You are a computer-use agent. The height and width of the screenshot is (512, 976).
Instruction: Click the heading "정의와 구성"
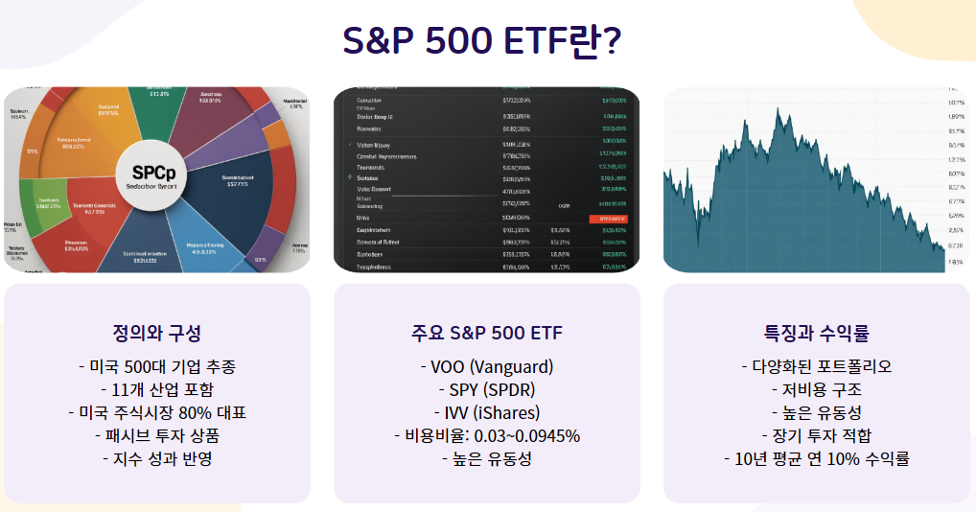coord(156,333)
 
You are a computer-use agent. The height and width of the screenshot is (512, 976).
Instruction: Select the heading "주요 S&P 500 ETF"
coord(486,333)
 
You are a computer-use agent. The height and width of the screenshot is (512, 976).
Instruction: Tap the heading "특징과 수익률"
coord(816,333)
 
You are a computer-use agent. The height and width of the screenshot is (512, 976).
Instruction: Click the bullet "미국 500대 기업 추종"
coord(156,366)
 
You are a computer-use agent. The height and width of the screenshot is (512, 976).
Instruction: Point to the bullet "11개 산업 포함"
coord(156,389)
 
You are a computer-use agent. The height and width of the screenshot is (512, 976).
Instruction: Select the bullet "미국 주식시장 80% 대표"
coord(156,412)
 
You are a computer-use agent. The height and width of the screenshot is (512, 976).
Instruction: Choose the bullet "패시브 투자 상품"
coord(156,435)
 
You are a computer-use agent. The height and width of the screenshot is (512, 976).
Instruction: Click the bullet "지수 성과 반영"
coord(156,458)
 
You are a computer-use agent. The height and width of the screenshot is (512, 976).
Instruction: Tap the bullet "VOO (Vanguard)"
coord(486,366)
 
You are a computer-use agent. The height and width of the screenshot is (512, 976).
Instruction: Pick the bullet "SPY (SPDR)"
coord(486,389)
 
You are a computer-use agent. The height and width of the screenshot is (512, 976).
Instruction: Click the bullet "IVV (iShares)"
coord(486,412)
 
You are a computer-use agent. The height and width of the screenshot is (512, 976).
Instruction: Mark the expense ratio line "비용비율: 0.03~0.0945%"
coord(486,435)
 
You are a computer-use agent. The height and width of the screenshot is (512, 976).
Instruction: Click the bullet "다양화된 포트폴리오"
coord(816,366)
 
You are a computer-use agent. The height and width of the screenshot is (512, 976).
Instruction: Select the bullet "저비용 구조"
coord(816,389)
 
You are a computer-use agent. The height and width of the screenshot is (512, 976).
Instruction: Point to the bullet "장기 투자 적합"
coord(816,435)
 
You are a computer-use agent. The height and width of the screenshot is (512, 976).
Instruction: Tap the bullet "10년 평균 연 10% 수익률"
coord(816,458)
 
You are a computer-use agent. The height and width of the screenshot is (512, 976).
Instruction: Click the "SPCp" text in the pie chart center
coord(154,173)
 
